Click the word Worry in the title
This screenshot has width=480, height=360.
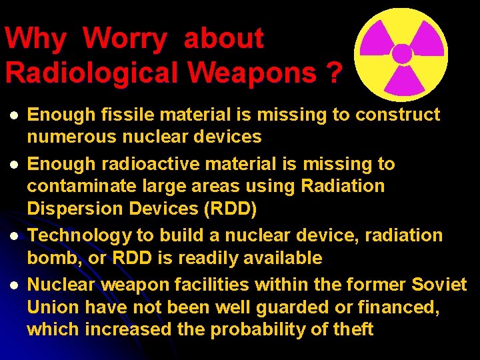126,39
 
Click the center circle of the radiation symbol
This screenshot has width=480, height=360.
401,53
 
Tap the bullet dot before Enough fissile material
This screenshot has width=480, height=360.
11,115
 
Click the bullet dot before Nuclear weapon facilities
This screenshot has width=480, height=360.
11,285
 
